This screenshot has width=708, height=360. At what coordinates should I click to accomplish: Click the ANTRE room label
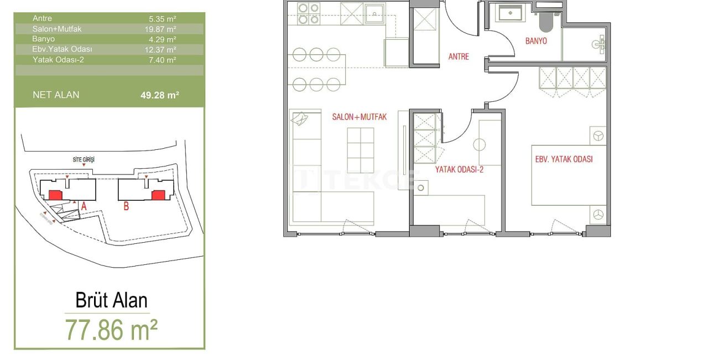click(x=459, y=56)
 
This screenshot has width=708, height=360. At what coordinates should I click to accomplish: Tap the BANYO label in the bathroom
click(x=536, y=41)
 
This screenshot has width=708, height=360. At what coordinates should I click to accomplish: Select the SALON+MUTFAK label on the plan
click(x=359, y=117)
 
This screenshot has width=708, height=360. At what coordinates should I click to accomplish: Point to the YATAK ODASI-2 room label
click(x=459, y=170)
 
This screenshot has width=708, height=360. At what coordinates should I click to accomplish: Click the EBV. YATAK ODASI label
click(x=564, y=159)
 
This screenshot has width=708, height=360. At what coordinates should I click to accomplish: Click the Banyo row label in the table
click(x=44, y=39)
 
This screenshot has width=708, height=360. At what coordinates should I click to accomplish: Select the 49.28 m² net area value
click(x=159, y=95)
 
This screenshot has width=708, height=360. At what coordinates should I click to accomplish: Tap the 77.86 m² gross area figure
click(x=111, y=330)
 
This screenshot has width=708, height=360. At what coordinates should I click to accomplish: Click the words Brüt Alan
click(x=111, y=301)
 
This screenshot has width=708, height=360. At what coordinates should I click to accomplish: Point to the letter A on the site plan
click(x=84, y=206)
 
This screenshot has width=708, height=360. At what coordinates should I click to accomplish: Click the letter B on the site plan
click(x=126, y=207)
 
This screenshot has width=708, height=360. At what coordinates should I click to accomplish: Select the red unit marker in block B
click(x=158, y=195)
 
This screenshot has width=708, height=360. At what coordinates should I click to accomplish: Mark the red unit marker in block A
click(x=55, y=195)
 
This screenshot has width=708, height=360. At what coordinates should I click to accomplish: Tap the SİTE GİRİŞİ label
click(x=84, y=159)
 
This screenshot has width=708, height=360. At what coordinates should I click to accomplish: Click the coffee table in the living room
click(x=360, y=149)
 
